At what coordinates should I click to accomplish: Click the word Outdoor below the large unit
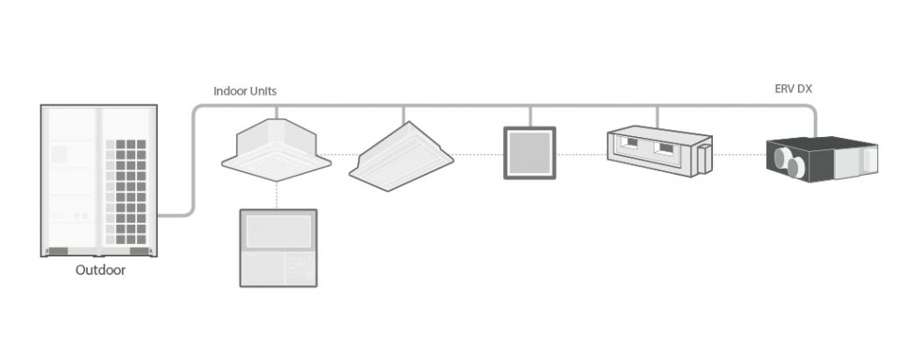click(100, 270)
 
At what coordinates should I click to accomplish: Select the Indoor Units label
click(246, 91)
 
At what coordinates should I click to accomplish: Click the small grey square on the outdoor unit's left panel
click(60, 154)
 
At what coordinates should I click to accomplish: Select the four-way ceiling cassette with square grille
click(276, 148)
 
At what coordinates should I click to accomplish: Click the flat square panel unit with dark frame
click(529, 154)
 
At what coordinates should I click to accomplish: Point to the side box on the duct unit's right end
click(701, 159)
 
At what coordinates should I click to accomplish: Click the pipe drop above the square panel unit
click(530, 116)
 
